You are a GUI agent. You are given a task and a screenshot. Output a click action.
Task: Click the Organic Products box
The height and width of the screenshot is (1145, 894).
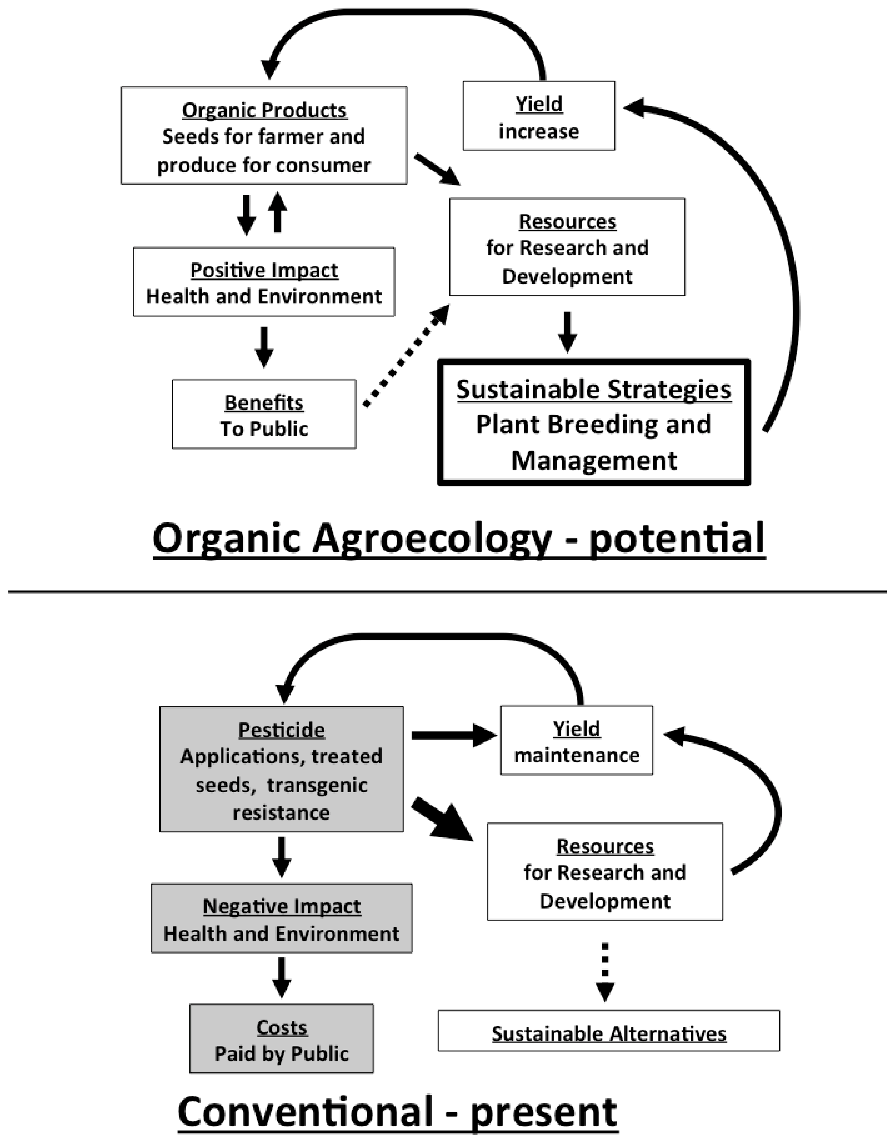point(264,135)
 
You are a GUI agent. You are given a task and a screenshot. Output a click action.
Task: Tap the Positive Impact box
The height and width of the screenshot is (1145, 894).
point(264,282)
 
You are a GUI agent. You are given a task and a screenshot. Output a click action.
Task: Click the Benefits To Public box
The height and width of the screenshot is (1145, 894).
point(264,414)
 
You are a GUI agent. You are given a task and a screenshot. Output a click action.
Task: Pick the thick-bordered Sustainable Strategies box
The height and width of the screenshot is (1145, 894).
point(594,422)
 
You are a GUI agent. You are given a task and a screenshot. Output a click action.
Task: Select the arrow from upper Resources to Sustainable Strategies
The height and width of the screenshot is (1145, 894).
point(567,331)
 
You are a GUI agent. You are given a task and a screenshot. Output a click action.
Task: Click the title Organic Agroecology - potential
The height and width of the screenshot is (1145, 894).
point(459,539)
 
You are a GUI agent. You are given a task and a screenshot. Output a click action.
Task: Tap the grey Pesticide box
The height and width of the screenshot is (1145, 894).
point(282,769)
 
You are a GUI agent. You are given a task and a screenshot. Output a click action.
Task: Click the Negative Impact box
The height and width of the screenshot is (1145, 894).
point(282,919)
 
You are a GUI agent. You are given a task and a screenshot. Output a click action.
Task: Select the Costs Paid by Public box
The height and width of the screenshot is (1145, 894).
point(282,1038)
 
